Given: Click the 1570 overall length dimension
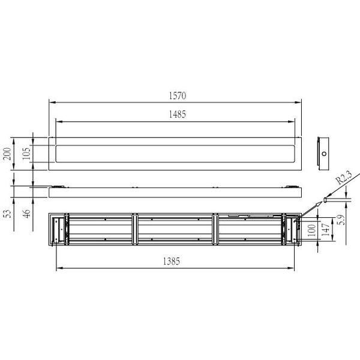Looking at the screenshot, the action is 178,96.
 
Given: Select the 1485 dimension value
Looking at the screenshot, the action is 178,114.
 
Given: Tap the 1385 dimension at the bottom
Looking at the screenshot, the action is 172,261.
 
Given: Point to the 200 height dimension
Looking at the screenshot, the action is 7,154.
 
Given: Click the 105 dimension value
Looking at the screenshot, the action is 26,154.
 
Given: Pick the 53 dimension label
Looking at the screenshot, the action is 8,214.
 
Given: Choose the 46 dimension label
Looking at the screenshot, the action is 27,214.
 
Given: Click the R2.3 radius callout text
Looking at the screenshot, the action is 344,178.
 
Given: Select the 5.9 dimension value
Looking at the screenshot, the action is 342,220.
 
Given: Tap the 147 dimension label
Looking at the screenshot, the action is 326,230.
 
